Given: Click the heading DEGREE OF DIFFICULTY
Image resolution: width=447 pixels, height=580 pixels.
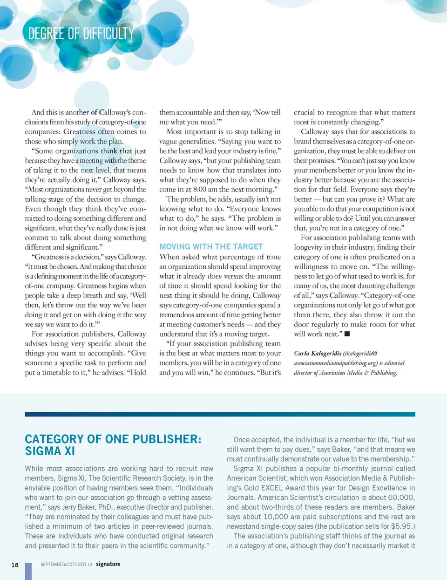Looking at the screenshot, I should [81, 34].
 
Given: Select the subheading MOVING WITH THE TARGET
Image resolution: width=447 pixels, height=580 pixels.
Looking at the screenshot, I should [211, 247].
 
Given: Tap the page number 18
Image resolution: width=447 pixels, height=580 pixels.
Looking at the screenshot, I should [15, 565].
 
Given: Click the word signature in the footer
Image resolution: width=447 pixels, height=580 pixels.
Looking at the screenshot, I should [108, 564].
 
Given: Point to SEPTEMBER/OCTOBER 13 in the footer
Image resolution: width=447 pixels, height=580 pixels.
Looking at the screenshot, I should [66, 565].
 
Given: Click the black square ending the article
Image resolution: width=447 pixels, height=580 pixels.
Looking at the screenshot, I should [347, 334].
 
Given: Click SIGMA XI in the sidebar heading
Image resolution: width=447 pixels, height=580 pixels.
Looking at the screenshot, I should [50, 451].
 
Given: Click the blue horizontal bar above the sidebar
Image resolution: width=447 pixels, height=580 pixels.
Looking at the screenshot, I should [220, 414].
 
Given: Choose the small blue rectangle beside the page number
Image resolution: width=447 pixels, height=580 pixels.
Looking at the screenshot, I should [28, 571].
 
